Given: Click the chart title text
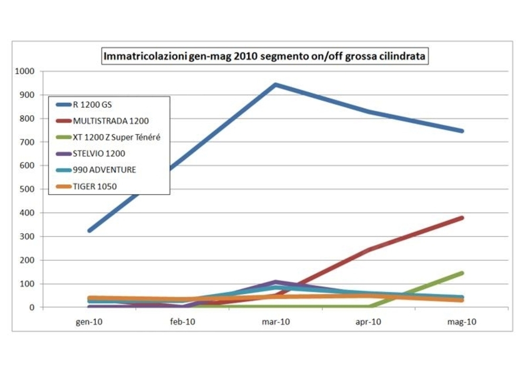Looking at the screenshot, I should click(265, 55).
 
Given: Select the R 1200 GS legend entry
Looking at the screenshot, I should click(92, 105).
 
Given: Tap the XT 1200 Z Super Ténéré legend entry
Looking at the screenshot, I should click(116, 137).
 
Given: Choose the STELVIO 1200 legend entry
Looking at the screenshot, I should click(99, 154).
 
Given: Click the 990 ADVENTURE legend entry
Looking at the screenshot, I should click(104, 170).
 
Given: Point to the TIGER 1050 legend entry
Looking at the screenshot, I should click(95, 186).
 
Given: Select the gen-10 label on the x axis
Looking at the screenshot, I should click(89, 322).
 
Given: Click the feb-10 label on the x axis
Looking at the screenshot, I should click(183, 322).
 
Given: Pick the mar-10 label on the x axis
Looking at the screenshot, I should click(276, 322).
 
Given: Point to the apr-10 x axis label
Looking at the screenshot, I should click(369, 322).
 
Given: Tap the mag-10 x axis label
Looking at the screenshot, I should click(462, 322).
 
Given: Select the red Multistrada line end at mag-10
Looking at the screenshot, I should click(462, 218).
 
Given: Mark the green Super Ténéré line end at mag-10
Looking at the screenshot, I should click(462, 273).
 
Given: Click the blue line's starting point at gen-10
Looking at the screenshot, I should click(90, 230).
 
